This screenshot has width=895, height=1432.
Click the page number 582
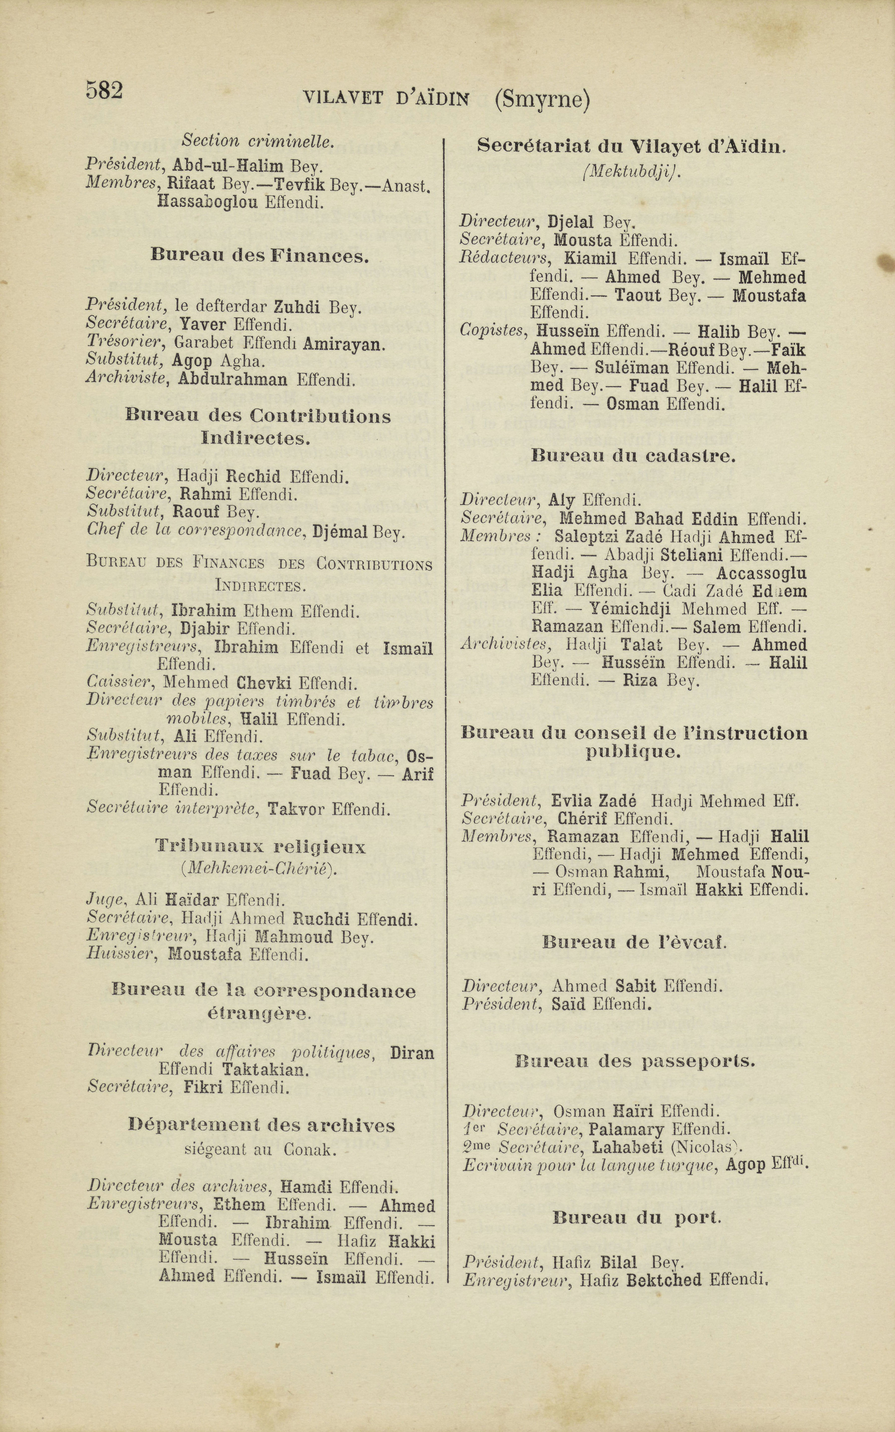click(x=104, y=90)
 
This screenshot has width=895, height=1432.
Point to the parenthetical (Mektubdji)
click(x=631, y=172)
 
